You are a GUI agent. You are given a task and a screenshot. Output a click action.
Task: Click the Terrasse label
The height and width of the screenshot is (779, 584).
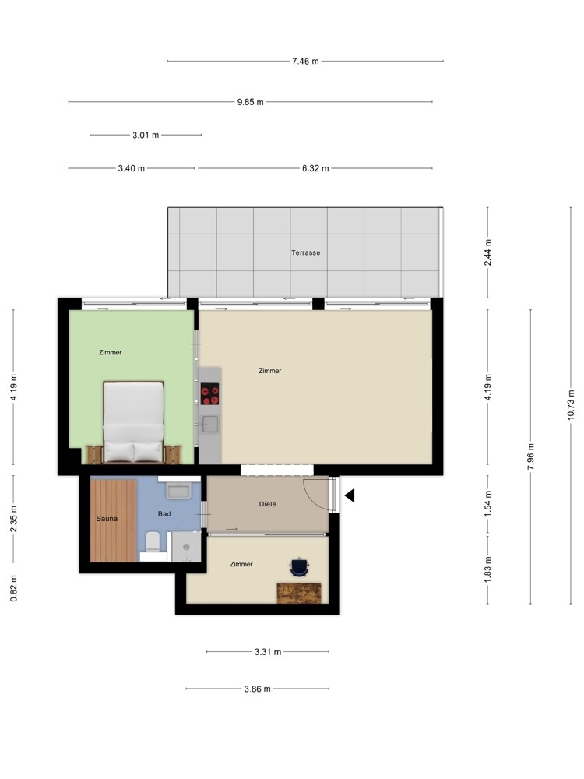click(x=305, y=252)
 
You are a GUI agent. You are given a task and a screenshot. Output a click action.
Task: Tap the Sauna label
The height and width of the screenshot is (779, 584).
click(x=107, y=519)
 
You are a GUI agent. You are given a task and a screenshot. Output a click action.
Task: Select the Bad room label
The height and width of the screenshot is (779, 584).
click(x=164, y=513)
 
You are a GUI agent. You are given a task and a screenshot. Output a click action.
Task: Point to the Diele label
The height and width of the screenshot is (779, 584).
click(x=267, y=504)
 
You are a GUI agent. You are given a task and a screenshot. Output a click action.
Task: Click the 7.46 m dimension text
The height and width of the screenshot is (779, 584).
click(x=305, y=61)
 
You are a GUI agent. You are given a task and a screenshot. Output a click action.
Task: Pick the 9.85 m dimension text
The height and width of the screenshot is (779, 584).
click(x=250, y=102)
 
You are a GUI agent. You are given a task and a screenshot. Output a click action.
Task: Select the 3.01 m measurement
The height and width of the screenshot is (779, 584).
click(x=146, y=135)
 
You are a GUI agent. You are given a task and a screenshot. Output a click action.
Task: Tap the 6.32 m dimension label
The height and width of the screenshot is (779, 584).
click(x=315, y=168)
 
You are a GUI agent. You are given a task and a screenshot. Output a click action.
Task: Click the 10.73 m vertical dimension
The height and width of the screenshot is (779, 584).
click(x=571, y=405)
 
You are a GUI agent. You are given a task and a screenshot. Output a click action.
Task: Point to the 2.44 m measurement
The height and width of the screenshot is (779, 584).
click(x=487, y=252)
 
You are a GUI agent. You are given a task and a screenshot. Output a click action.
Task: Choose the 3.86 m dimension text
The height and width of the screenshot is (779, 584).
click(x=257, y=689)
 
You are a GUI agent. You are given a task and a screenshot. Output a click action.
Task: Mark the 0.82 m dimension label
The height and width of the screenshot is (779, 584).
click(x=13, y=588)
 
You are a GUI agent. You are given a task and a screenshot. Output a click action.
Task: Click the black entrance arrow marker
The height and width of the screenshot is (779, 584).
click(x=350, y=495)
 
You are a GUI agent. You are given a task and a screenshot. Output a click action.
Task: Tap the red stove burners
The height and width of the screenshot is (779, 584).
click(x=209, y=394)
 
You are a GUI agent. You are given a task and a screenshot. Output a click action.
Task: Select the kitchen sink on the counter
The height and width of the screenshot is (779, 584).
click(x=209, y=424)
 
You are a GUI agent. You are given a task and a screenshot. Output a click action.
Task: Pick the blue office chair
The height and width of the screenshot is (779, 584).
click(x=299, y=567)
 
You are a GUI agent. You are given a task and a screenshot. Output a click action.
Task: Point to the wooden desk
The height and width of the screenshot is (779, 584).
click(x=299, y=593)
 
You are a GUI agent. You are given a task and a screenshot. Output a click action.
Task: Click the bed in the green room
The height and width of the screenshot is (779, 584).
click(x=134, y=421)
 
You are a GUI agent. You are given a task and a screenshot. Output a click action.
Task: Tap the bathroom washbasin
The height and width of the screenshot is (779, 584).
click(x=179, y=490)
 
